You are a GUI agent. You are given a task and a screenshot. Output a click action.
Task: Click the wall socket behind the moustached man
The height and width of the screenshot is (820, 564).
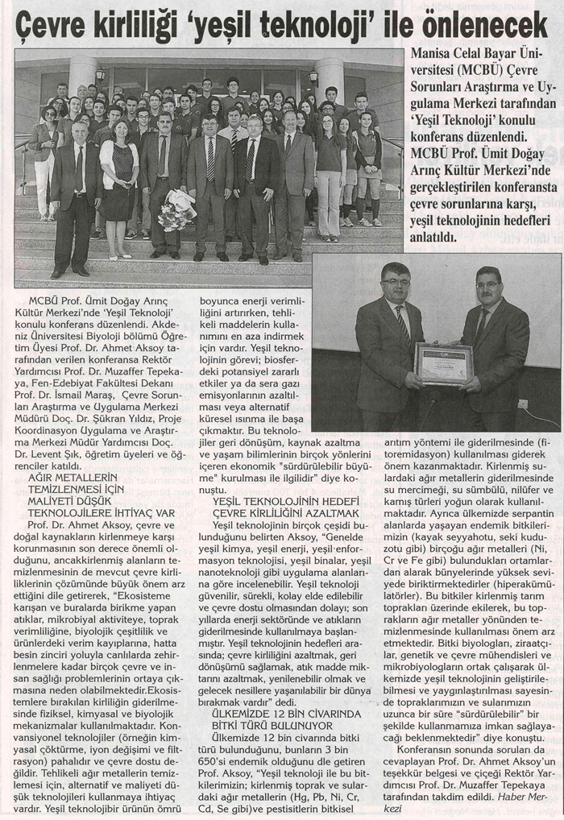[x=523, y=403]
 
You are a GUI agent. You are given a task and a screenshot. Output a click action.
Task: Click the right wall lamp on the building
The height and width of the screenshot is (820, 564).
[x=313, y=77]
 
